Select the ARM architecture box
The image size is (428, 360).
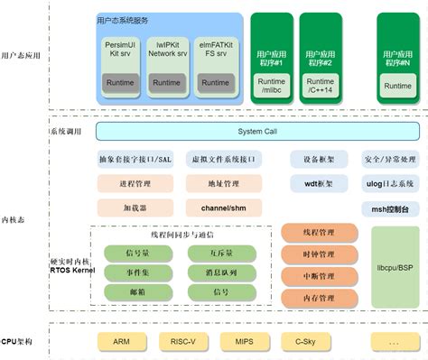pyautogui.click(x=122, y=342)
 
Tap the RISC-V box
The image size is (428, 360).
pyautogui.click(x=184, y=342)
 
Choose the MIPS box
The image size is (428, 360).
pyautogui.click(x=244, y=342)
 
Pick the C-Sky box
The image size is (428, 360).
pyautogui.click(x=304, y=342)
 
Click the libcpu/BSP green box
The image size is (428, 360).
pyautogui.click(x=395, y=267)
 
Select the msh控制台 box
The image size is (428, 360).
pyautogui.click(x=390, y=208)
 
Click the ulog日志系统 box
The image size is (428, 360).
pyautogui.click(x=390, y=184)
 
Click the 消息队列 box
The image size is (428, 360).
pyautogui.click(x=220, y=272)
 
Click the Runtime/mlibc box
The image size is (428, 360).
pyautogui.click(x=272, y=86)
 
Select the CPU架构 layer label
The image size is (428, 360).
pyautogui.click(x=17, y=342)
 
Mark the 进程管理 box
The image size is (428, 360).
pyautogui.click(x=135, y=184)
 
